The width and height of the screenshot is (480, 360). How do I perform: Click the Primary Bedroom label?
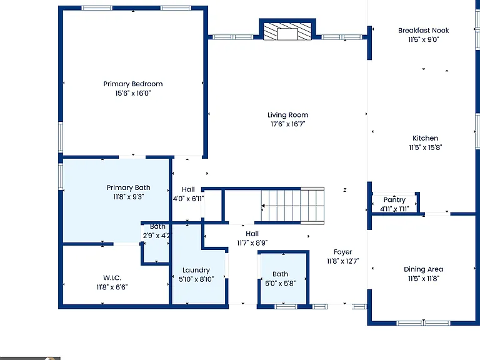point(133,84)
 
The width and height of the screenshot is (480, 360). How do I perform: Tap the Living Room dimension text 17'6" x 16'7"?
point(287,124)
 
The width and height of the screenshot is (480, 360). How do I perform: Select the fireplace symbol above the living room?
point(287,31)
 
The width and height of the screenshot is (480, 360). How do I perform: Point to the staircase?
point(292,206)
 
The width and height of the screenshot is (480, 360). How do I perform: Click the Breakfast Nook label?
point(423,30)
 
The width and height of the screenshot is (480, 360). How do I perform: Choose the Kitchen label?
point(425,138)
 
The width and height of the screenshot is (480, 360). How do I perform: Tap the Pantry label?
point(394,200)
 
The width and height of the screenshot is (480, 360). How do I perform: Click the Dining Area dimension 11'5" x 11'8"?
point(423,279)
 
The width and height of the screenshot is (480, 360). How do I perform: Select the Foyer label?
point(343,252)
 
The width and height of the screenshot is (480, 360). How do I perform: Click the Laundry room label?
point(196,270)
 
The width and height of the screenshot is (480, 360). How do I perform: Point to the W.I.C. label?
point(112,278)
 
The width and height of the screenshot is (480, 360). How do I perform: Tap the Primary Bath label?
point(128,187)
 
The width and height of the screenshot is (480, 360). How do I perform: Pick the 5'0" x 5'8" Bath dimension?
point(280,284)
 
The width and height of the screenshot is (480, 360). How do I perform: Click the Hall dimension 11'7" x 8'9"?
point(252,243)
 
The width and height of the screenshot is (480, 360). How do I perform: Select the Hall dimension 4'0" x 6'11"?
point(188,199)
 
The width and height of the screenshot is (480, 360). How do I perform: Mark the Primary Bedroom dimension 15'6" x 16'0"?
point(133,93)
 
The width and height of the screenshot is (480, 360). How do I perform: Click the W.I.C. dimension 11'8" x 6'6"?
point(112,287)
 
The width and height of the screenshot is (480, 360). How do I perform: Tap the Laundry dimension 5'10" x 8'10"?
point(196,279)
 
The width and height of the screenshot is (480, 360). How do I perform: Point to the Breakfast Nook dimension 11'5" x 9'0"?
point(423,39)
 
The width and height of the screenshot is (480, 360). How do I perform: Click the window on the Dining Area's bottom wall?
point(423,323)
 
